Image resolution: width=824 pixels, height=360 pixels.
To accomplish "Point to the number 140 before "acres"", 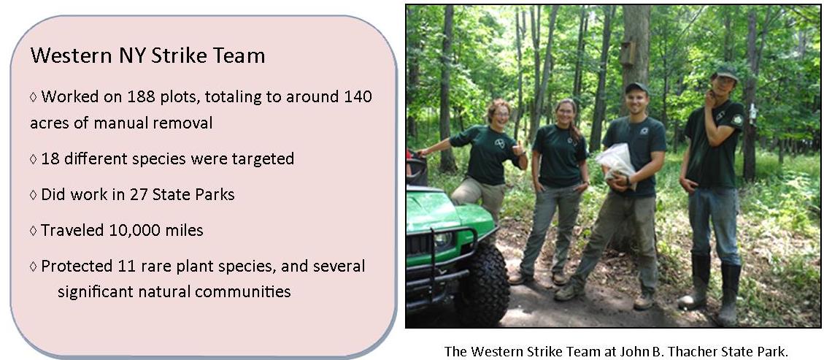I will [x=356, y=96].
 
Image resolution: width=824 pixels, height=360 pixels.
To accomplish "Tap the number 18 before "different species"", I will [x=50, y=158].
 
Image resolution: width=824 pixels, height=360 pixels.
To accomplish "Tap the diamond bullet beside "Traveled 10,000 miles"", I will [x=34, y=231].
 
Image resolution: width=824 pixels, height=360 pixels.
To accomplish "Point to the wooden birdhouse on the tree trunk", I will [x=625, y=53].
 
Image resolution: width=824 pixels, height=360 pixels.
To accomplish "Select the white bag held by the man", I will [x=615, y=160].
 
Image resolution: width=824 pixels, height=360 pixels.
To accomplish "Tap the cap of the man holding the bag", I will [x=636, y=88].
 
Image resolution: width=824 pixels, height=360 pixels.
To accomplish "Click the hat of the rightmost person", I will [x=725, y=73].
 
